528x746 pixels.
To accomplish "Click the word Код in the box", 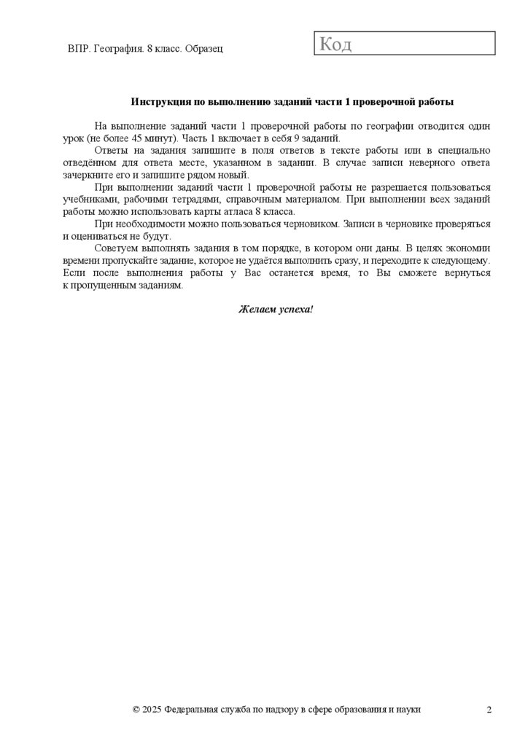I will coord(335,44).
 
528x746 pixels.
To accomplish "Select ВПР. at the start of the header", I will coord(78,49).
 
